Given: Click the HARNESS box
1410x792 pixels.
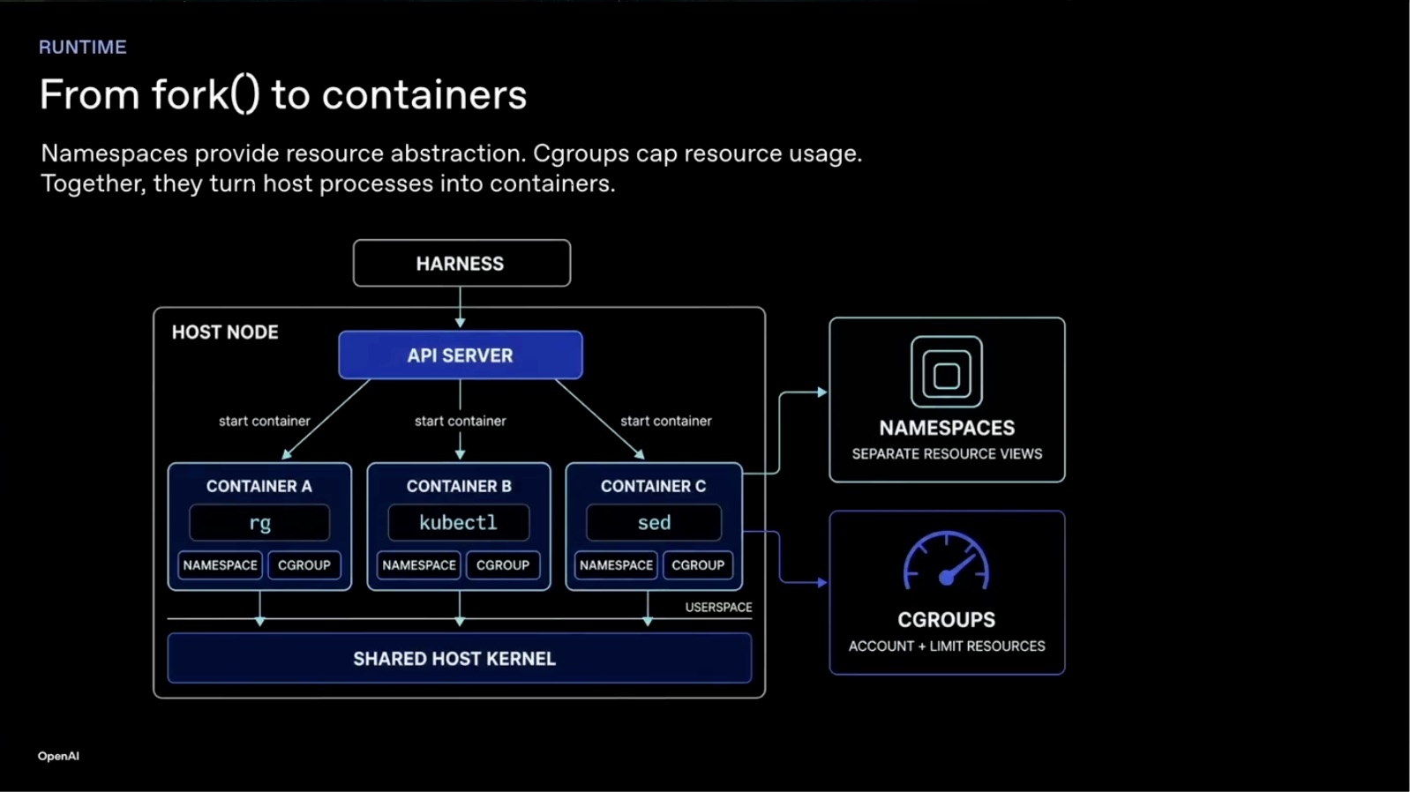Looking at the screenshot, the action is coord(461,263).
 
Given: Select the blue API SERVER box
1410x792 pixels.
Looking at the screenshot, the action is coord(460,355).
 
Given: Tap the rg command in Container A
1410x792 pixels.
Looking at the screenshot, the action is coord(259,523).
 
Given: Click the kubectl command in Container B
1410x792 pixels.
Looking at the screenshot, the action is coord(458,523).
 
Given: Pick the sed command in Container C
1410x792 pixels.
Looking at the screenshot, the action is coord(654,523).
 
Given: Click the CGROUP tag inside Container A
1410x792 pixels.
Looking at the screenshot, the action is coord(304,565).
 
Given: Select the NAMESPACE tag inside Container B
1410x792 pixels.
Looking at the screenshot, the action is coord(418,565).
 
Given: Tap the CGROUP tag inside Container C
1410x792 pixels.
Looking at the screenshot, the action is coord(697,565).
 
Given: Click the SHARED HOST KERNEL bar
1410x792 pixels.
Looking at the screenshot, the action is coord(460,659).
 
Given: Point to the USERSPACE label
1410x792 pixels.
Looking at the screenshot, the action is coord(718,607).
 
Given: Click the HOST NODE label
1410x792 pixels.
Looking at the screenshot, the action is coord(225,332).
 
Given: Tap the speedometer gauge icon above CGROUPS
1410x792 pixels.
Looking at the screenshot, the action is coord(946,561).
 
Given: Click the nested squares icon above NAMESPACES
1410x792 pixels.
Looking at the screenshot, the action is coord(946,372).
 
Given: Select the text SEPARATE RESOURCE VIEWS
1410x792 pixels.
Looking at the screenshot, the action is coord(947,453).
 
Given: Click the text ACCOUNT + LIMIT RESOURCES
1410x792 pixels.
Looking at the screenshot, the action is coord(947,646).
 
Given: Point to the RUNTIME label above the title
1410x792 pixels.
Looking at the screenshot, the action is coord(82,47).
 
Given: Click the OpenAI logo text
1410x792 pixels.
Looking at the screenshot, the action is coord(58,756).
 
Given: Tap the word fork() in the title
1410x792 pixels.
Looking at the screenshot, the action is coord(206,95).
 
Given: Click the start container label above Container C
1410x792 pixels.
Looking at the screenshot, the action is coord(666,421).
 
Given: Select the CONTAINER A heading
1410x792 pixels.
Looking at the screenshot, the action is coord(259,486).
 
